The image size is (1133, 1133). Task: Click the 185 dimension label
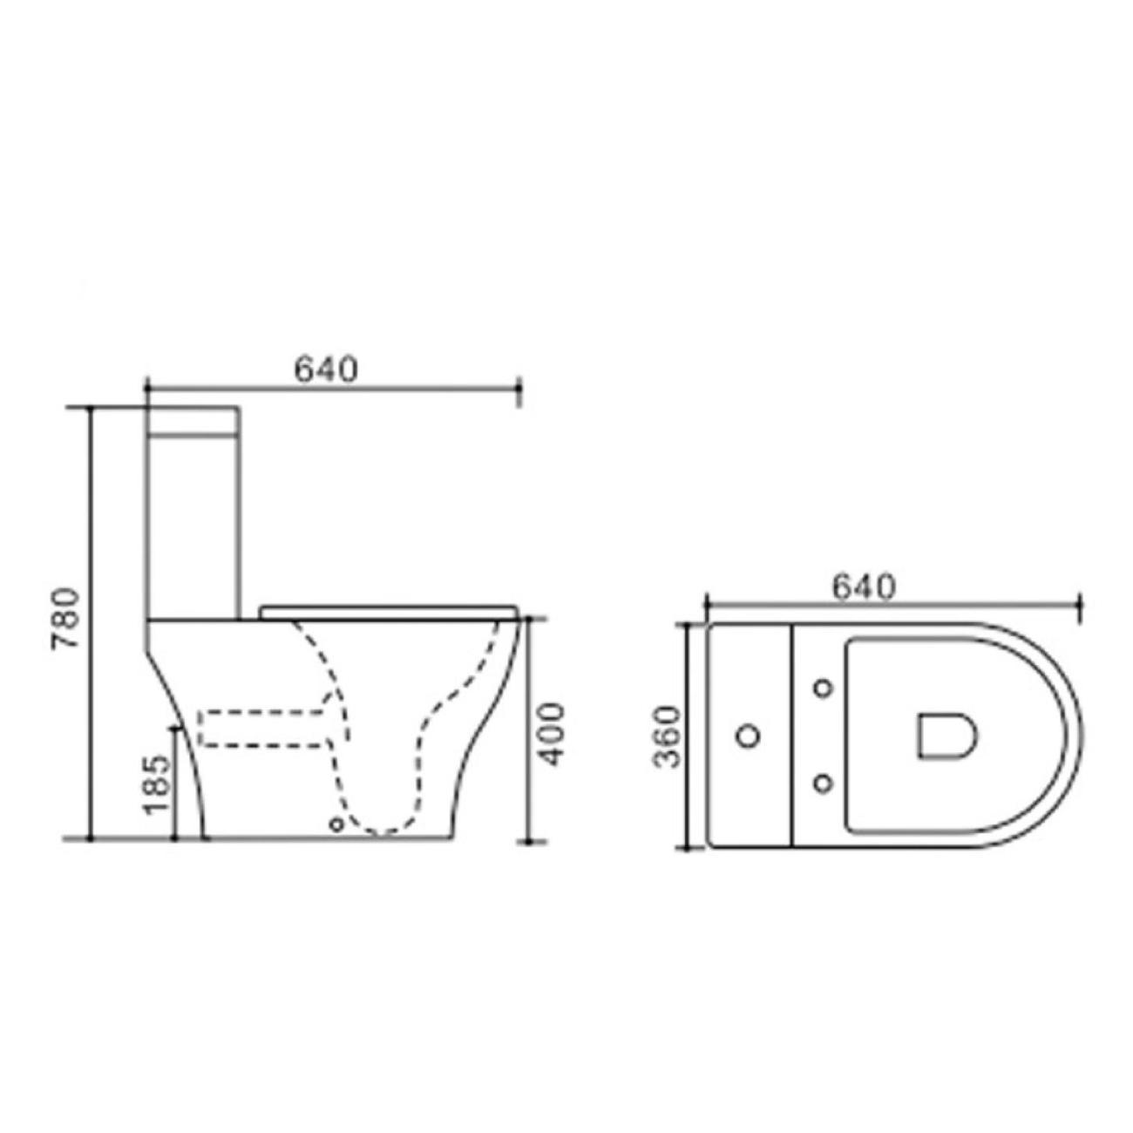point(155,784)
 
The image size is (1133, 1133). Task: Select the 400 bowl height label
point(552,734)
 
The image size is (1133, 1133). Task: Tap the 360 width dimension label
point(666,737)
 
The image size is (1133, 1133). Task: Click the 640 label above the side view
point(326,370)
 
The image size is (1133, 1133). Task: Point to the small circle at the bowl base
point(336,824)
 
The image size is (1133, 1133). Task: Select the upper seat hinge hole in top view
point(823,688)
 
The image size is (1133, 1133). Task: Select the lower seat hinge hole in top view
point(823,784)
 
